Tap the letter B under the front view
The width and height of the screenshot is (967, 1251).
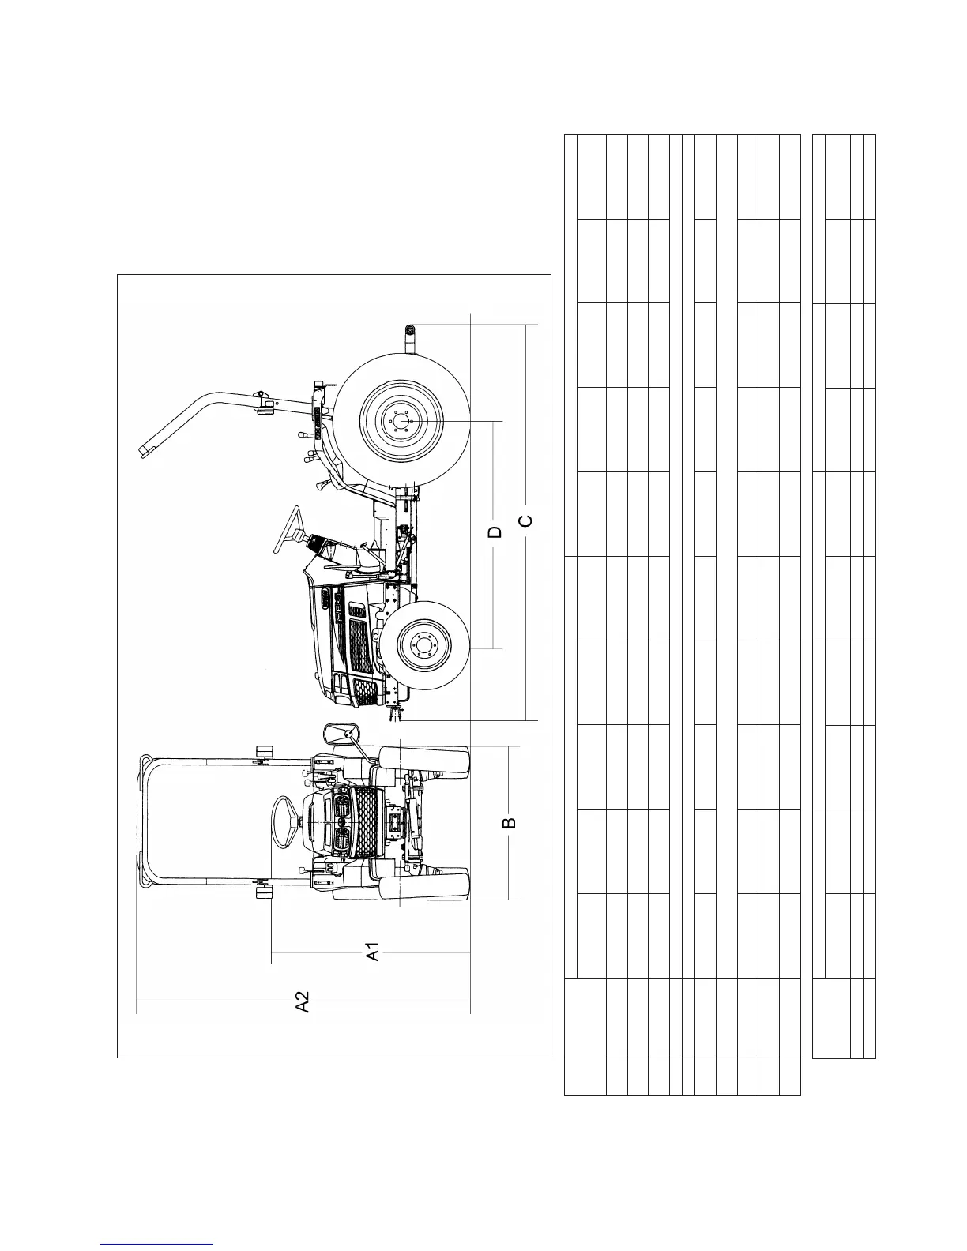coord(510,822)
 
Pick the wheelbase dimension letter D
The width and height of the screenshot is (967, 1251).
coord(495,531)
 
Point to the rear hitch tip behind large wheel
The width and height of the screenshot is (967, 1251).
coord(410,331)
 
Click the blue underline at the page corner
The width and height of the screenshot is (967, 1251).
coord(157,1244)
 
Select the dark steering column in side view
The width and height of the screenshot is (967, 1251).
coord(319,545)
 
